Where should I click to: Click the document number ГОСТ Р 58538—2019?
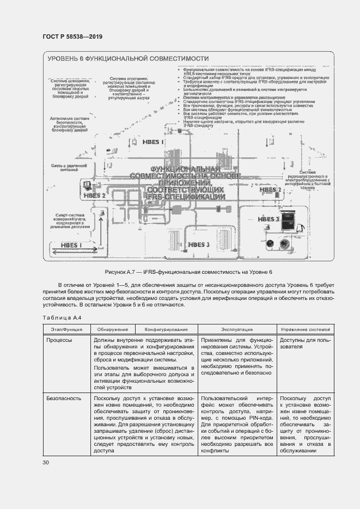72,36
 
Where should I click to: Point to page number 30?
46,463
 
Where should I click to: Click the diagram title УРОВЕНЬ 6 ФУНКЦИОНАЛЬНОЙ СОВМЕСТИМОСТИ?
128,59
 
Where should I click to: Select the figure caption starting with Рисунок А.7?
188,272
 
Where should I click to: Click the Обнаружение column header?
113,329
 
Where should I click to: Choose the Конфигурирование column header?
166,329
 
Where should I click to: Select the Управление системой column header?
306,329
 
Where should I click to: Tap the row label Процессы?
59,339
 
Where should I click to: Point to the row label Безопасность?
64,398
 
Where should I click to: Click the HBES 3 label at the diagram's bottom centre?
199,245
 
